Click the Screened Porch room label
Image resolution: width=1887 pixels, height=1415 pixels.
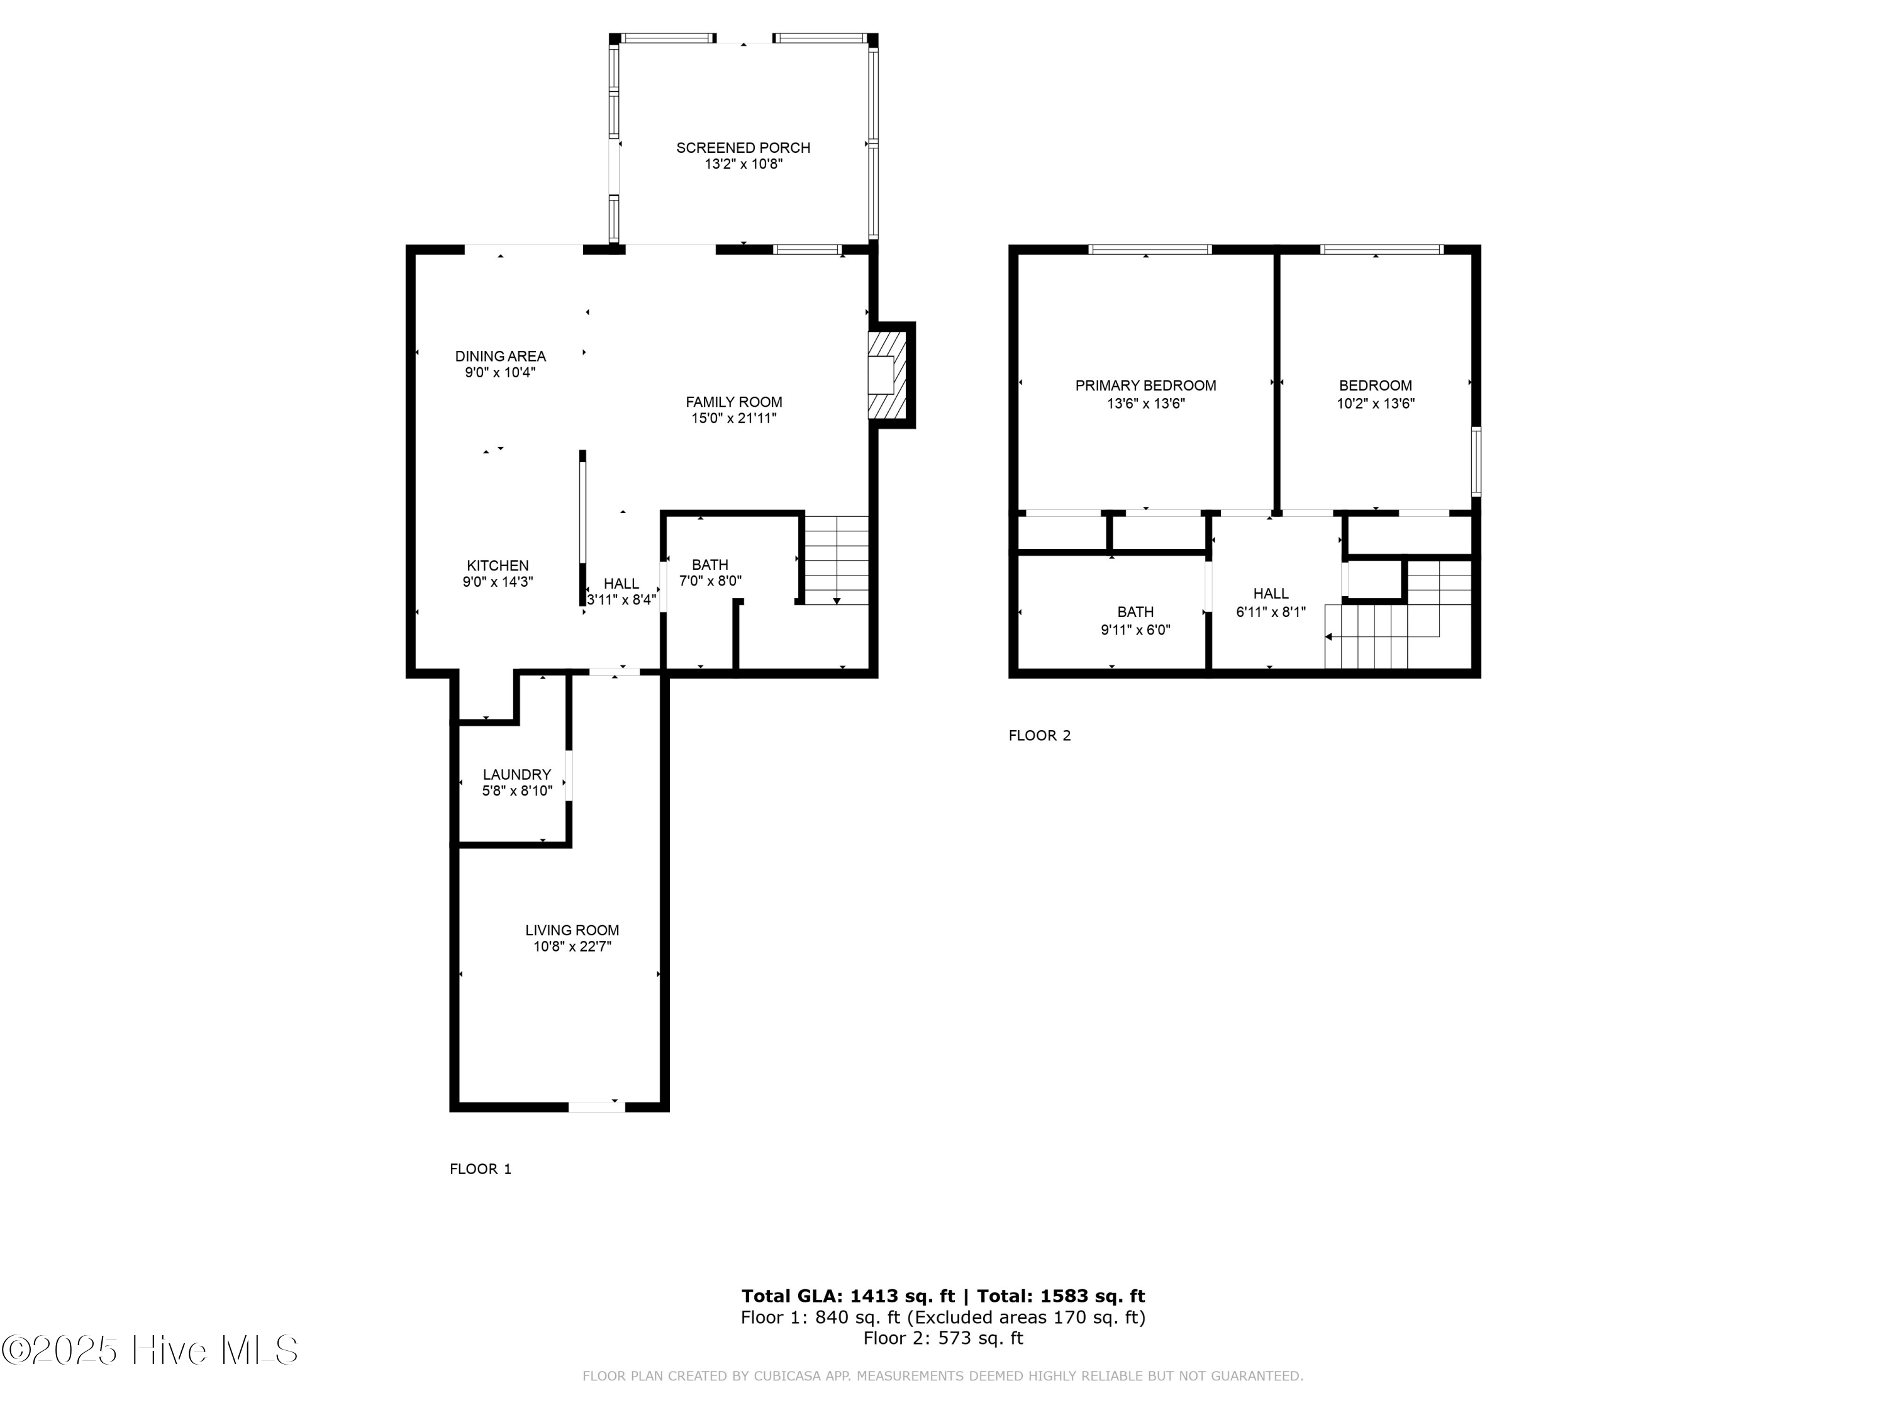pos(742,148)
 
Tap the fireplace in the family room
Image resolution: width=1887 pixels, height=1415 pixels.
pos(886,375)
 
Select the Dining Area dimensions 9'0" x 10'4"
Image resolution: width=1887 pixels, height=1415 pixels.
pos(500,373)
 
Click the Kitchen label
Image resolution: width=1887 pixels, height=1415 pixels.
pos(498,565)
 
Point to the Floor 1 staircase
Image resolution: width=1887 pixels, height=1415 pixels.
pos(837,560)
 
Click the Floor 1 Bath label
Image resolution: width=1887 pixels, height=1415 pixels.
pos(710,565)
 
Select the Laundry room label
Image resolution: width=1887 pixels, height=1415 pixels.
pos(517,774)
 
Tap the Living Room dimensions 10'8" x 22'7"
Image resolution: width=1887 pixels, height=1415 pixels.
pos(572,946)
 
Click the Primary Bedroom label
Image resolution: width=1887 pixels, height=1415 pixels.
pos(1145,386)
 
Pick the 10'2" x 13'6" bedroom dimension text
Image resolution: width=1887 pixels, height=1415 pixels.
pos(1375,404)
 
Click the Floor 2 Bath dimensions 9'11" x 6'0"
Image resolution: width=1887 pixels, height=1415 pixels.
pos(1135,630)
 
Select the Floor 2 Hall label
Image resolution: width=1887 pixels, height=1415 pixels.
pos(1270,594)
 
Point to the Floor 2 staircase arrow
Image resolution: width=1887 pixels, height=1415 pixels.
pos(1329,637)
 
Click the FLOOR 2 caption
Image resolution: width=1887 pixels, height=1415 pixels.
pos(1039,735)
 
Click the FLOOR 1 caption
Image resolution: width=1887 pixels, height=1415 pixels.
pos(481,1168)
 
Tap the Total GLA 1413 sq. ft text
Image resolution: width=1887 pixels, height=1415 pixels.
pos(847,1296)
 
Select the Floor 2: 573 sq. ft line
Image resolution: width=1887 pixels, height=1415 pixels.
pos(943,1338)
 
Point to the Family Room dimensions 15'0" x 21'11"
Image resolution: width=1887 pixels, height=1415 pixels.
pos(733,419)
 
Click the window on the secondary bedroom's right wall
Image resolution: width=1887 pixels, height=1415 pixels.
pos(1476,462)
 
